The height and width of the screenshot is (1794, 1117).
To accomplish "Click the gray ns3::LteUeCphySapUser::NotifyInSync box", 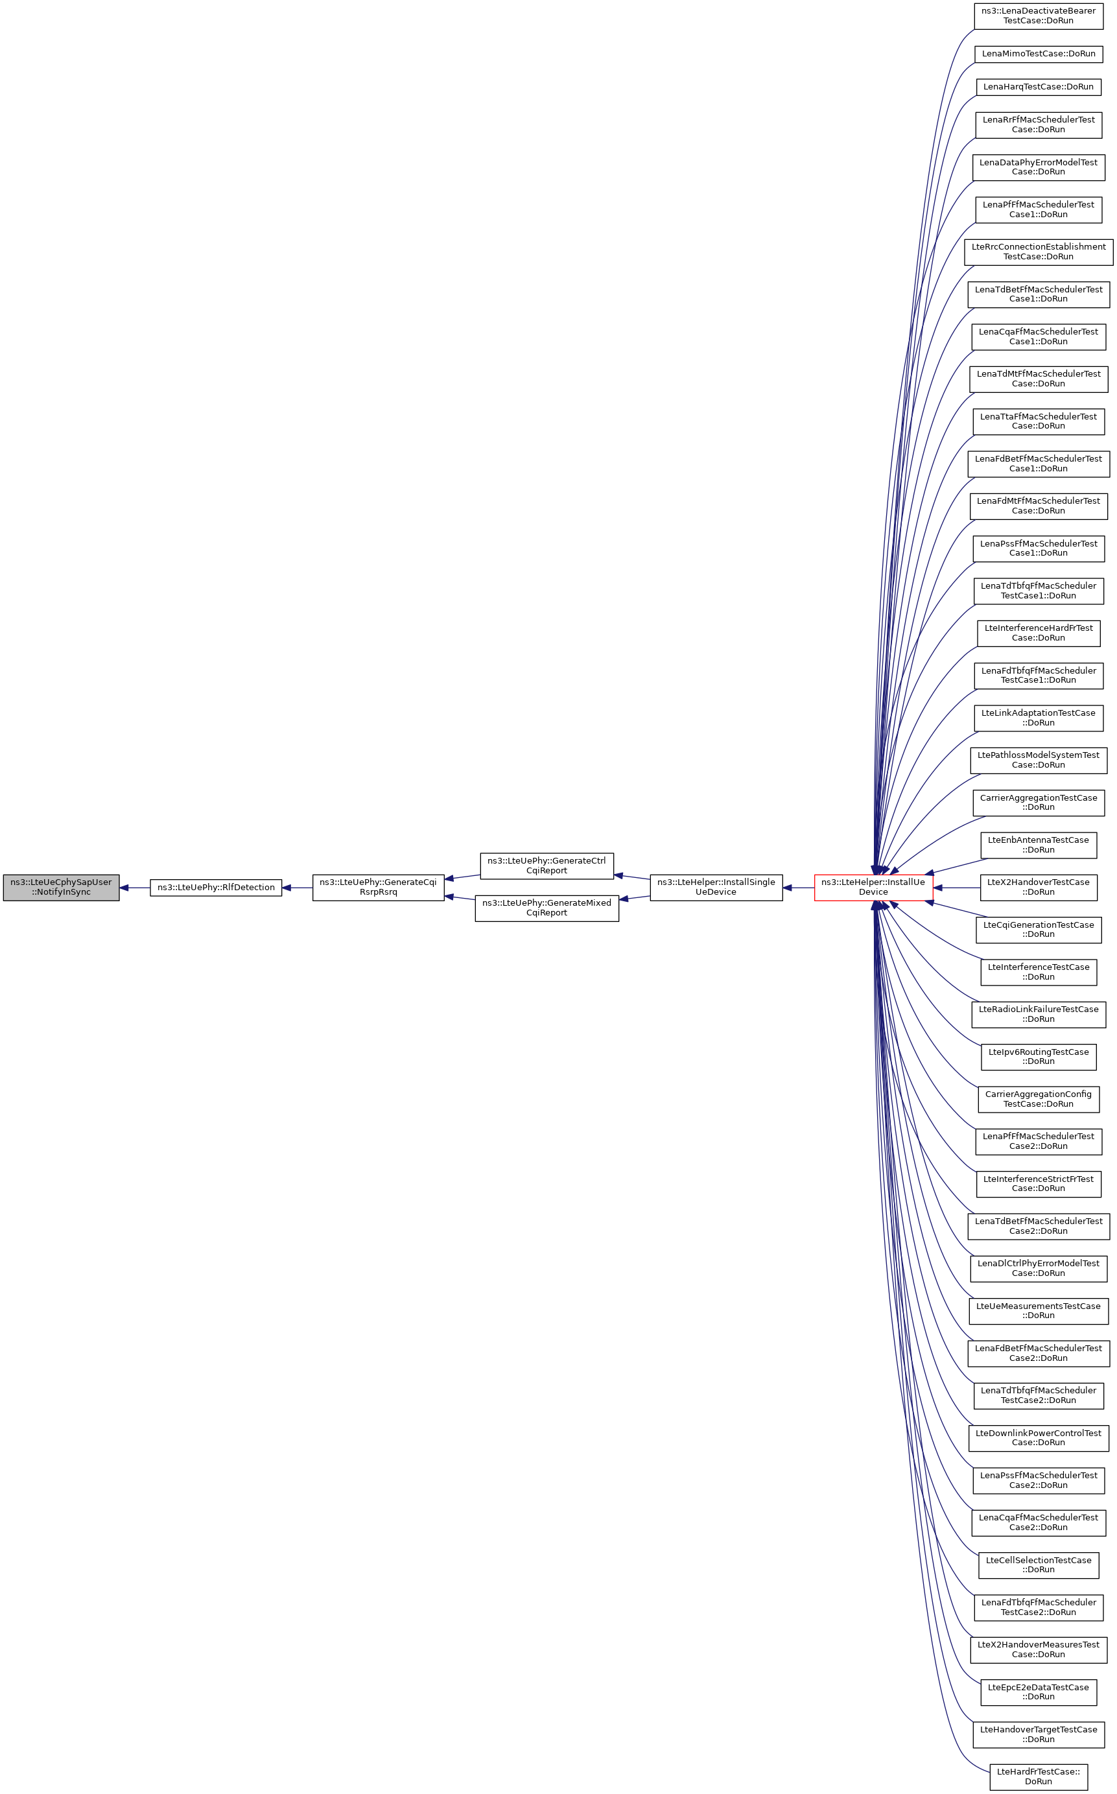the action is point(62,888).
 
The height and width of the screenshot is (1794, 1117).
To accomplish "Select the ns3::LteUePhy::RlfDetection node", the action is point(216,888).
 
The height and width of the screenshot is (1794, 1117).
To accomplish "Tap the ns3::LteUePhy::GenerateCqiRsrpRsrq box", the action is point(378,888).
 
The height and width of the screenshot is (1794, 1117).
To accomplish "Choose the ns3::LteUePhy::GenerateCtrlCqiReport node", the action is point(547,866).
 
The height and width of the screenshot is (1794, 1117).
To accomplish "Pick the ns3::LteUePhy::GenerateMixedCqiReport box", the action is point(547,908).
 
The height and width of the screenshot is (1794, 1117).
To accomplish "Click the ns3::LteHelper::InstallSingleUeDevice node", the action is point(716,888).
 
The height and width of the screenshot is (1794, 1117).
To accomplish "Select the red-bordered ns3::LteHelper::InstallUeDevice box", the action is point(873,888).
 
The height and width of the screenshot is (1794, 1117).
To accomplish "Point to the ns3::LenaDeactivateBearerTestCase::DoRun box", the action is point(1038,16).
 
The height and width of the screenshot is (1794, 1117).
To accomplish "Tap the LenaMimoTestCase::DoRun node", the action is point(1038,54).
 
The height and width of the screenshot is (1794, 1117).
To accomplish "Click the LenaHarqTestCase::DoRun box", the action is point(1038,87).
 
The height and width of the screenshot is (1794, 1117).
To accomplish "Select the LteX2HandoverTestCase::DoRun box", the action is point(1038,888).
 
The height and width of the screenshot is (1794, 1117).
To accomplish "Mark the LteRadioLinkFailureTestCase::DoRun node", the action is point(1038,1015).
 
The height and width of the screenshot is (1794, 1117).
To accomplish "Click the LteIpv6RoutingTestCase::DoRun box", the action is point(1038,1057).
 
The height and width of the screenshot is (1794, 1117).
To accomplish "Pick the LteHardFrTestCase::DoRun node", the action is point(1038,1776).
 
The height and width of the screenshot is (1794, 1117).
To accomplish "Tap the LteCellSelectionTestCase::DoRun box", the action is point(1038,1565).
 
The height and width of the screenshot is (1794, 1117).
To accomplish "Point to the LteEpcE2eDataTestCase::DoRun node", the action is point(1038,1692).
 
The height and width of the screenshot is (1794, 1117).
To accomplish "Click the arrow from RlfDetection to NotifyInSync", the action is point(134,888).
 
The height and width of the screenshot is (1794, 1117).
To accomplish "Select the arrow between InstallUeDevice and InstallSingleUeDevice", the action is point(798,888).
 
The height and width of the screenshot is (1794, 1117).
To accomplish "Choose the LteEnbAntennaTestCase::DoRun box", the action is point(1038,845).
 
